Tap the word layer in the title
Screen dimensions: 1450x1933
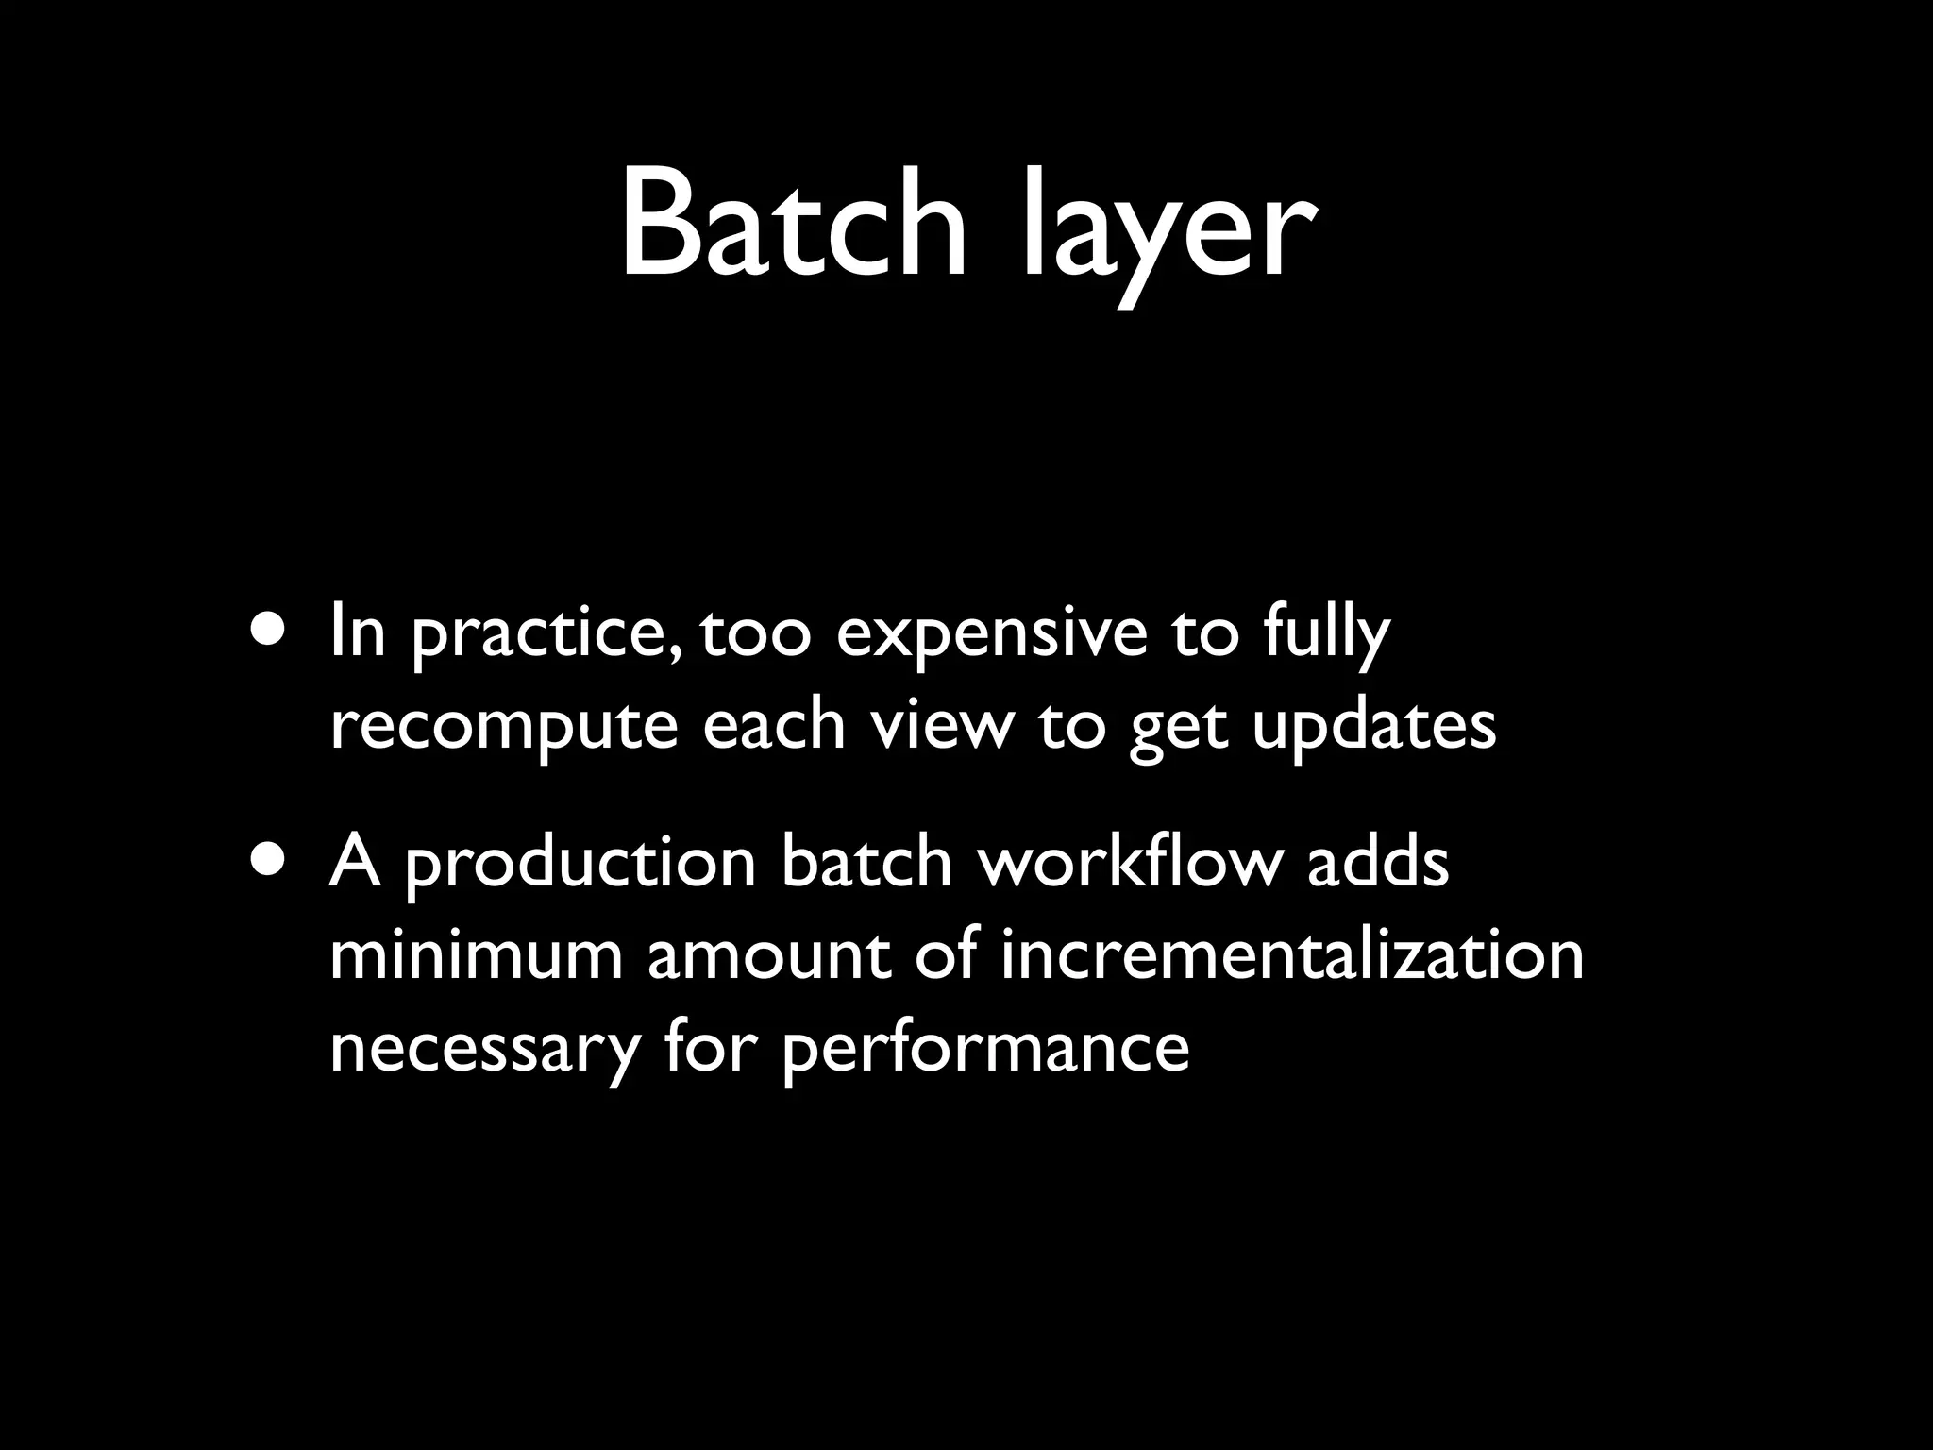point(1168,231)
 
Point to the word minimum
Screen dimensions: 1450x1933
point(476,955)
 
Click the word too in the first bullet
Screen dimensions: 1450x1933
point(755,634)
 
